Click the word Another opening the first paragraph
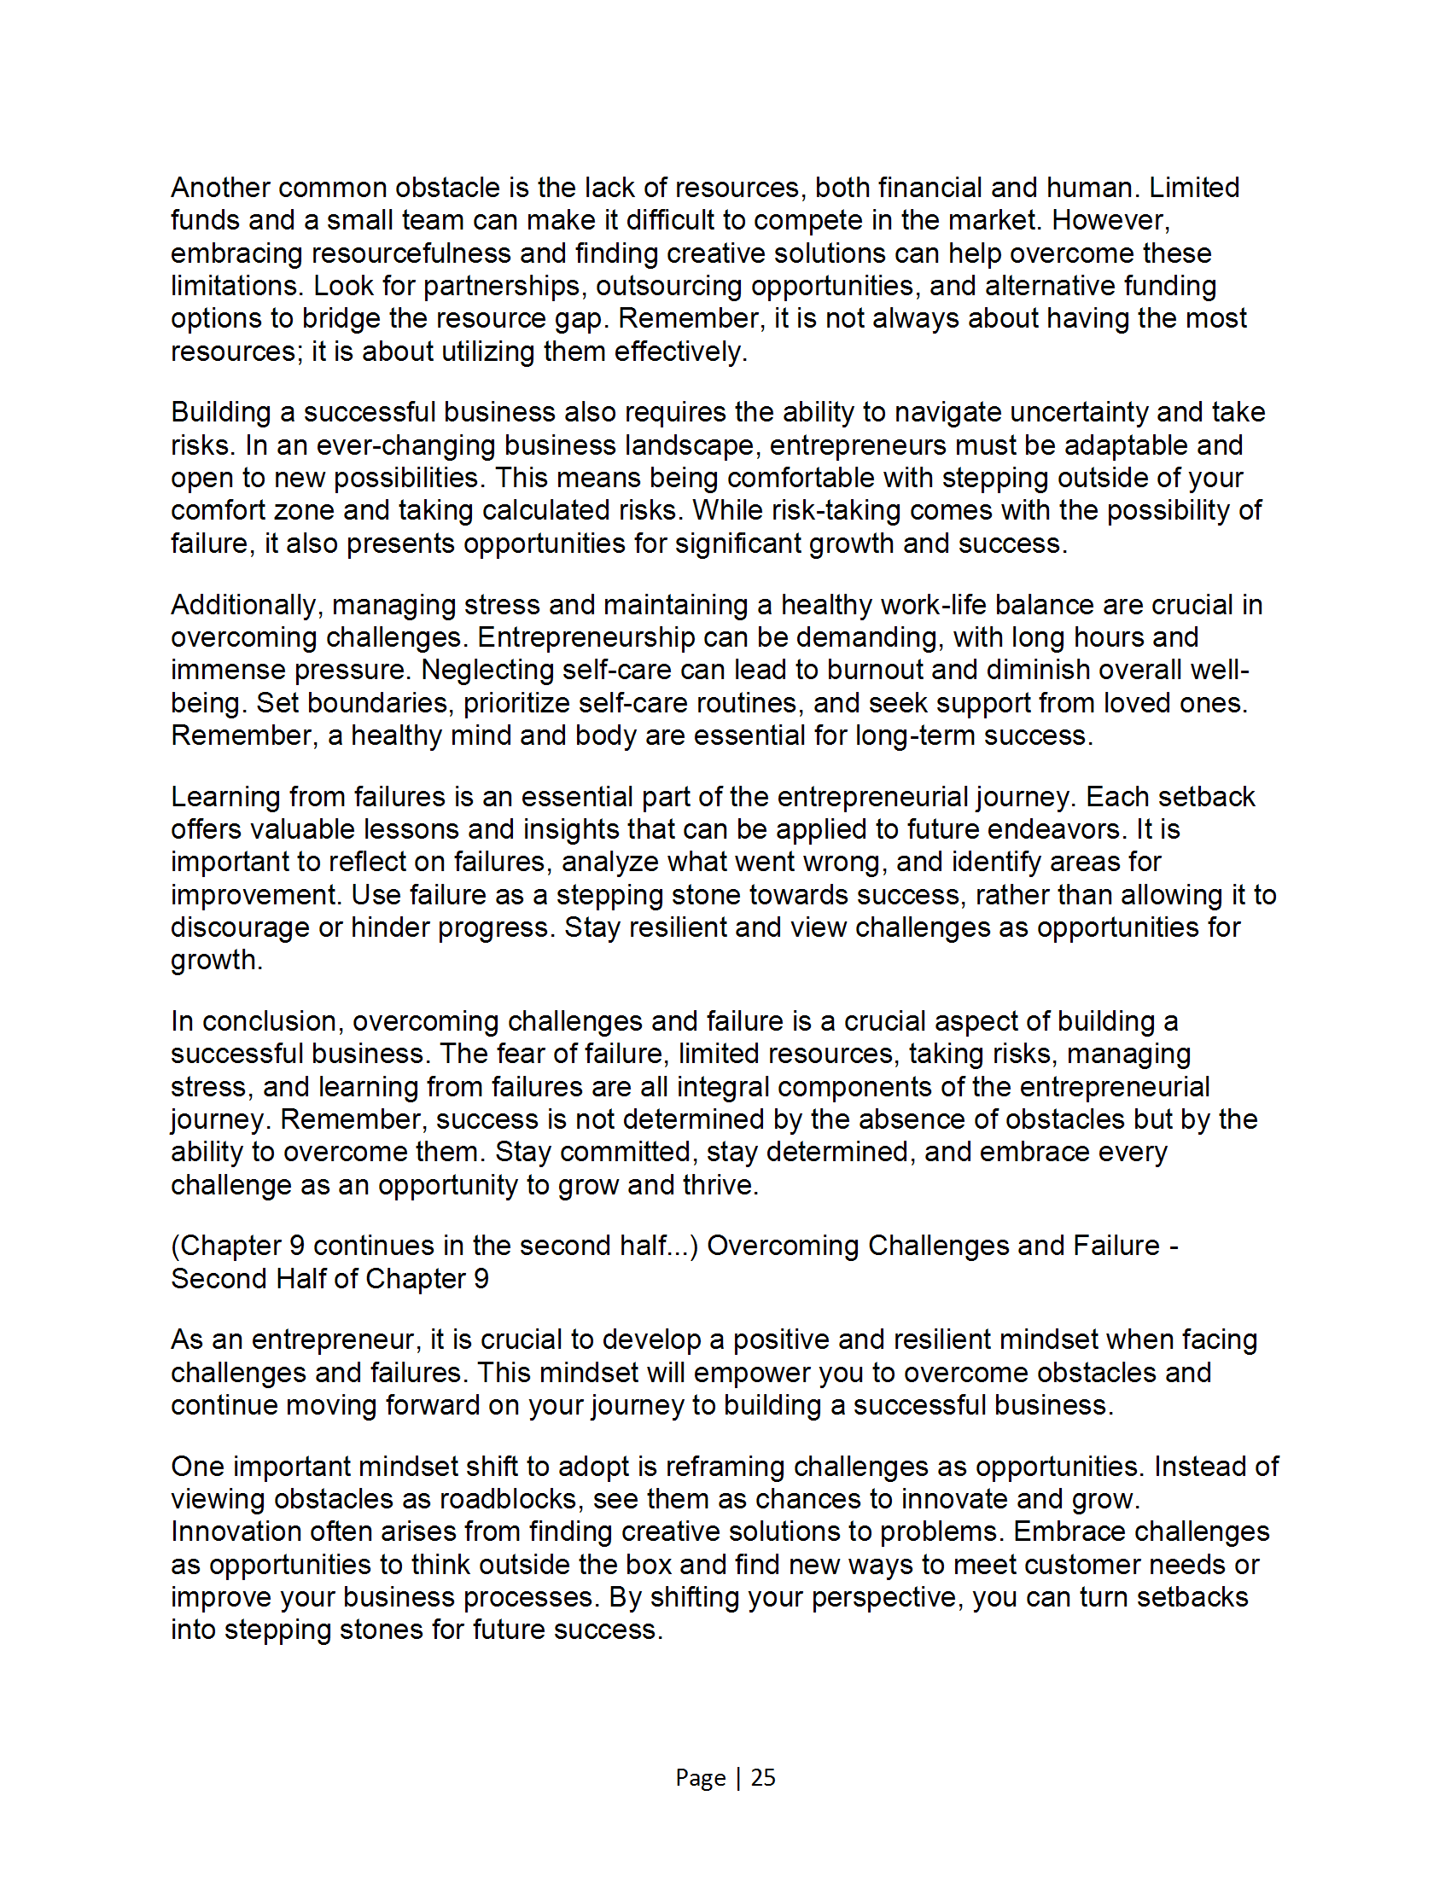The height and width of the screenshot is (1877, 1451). click(x=220, y=188)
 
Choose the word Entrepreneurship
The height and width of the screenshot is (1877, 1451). click(x=586, y=637)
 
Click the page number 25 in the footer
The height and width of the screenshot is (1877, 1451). click(x=762, y=1777)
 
